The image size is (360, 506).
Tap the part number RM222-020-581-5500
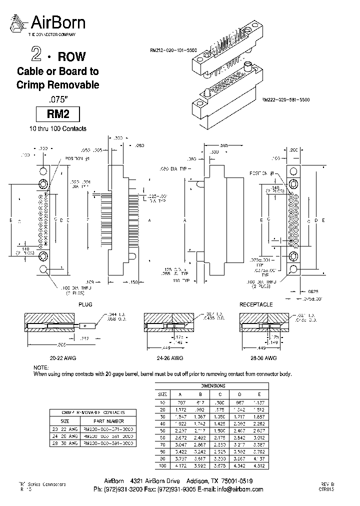tap(285, 100)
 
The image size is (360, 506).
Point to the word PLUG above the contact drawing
tap(85, 304)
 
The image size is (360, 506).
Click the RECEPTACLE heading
tap(256, 304)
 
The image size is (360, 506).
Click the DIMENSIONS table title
tap(213, 386)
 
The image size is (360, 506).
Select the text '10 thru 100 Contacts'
tap(57, 129)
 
